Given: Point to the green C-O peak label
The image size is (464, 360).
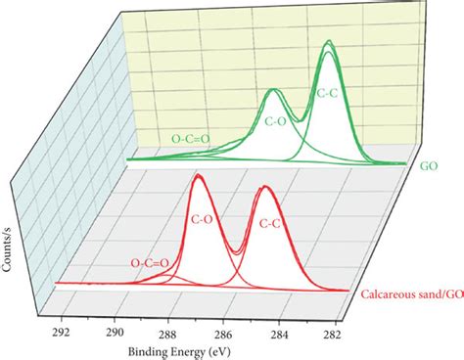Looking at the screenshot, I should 277,123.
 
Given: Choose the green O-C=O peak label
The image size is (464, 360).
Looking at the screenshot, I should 193,138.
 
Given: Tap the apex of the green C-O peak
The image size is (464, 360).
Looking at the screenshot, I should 274,91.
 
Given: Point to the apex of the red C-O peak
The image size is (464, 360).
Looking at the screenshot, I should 199,176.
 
